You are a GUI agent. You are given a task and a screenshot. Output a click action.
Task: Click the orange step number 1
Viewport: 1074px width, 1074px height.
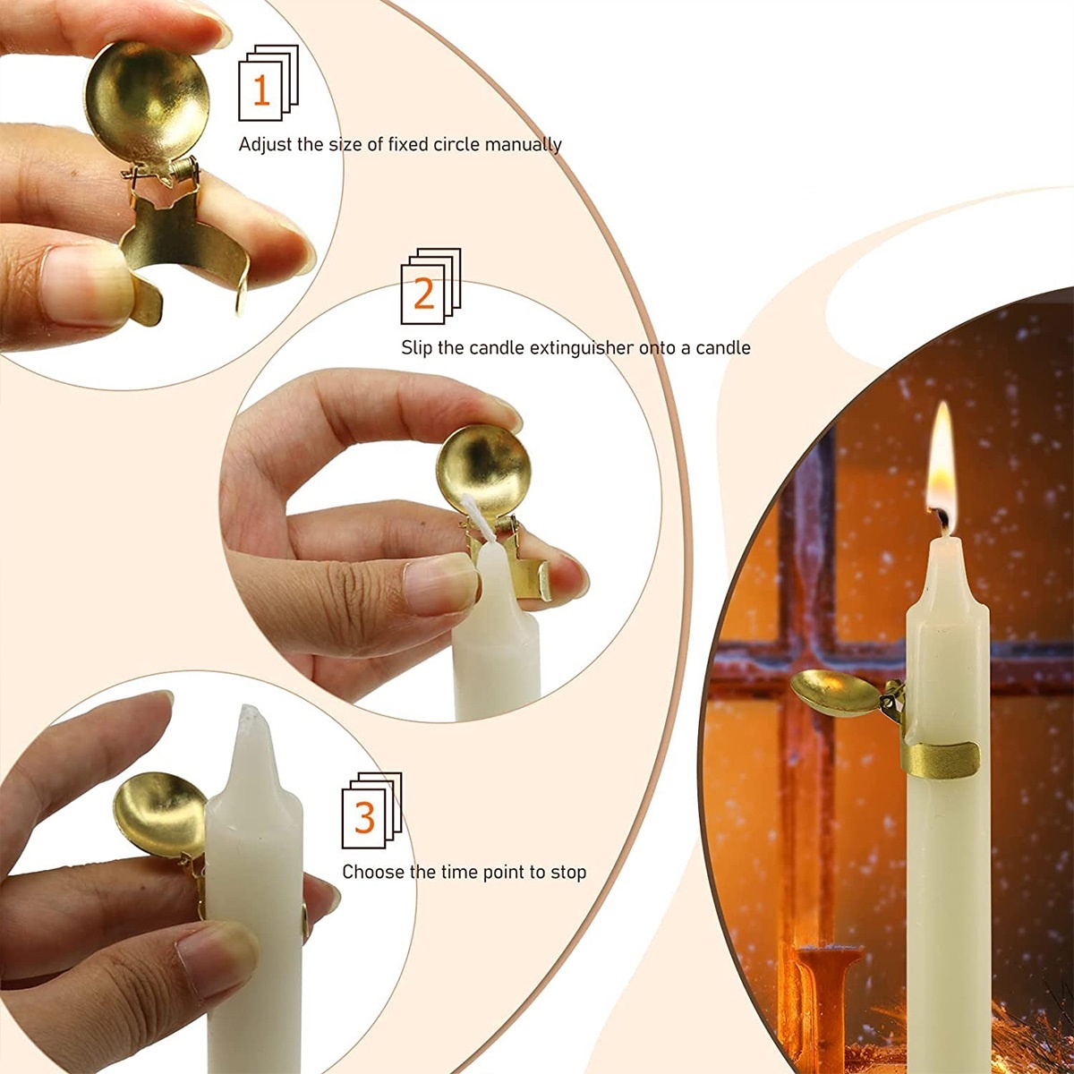click(x=260, y=91)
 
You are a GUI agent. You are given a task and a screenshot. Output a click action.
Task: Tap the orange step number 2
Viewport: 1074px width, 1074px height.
click(x=423, y=294)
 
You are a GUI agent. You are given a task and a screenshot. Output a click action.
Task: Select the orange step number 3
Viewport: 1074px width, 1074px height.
click(x=364, y=818)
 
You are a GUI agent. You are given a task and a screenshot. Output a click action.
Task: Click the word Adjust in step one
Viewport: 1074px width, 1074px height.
click(x=265, y=145)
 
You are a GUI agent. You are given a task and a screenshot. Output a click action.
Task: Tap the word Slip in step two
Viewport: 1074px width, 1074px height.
click(x=417, y=349)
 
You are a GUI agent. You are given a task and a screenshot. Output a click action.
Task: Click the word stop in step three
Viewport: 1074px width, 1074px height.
click(x=568, y=873)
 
